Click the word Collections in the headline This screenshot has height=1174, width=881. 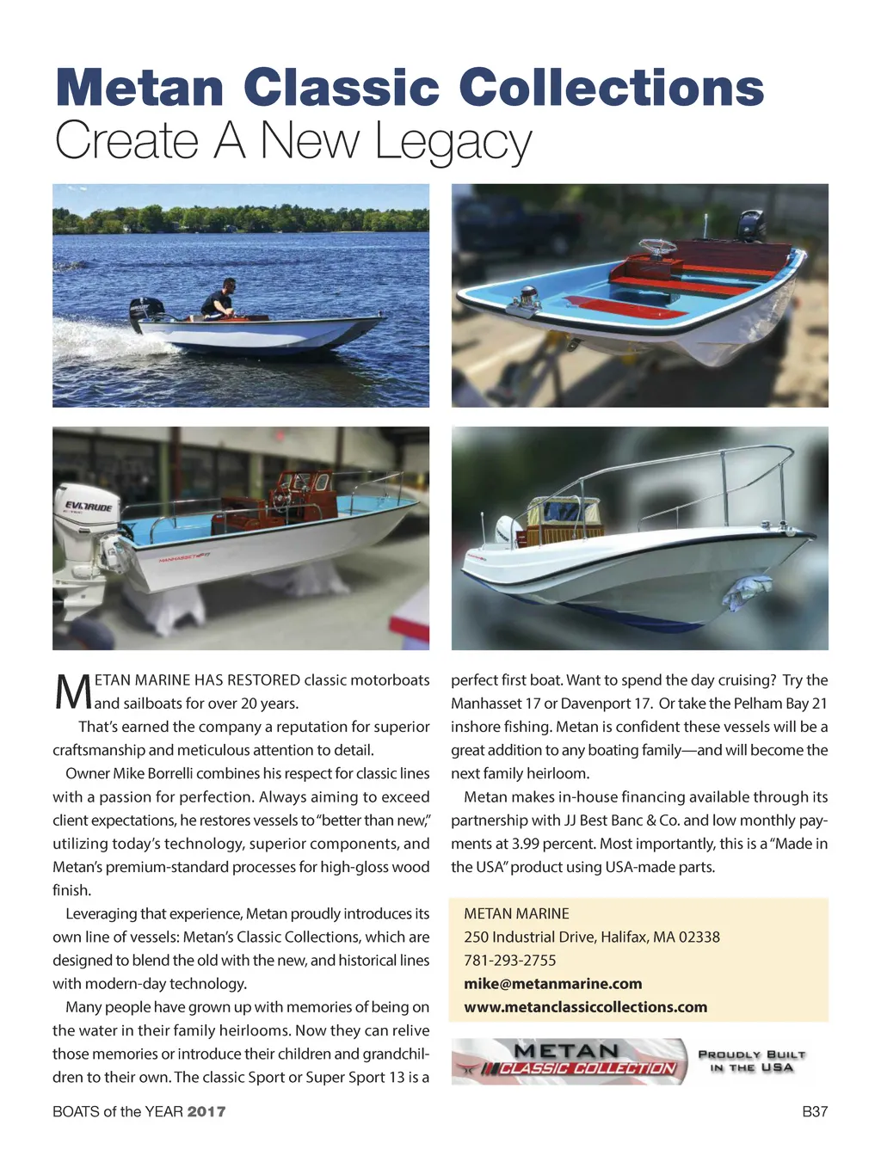point(611,89)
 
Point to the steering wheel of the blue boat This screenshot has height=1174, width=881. point(659,250)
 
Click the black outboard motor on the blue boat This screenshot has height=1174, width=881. point(749,226)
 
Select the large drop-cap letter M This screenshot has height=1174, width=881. point(72,691)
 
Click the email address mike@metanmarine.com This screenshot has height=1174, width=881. point(552,984)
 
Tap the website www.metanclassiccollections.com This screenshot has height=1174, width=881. point(585,1007)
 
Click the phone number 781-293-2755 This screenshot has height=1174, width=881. point(509,961)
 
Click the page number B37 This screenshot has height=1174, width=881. point(814,1111)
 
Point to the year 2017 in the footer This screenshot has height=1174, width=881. point(206,1111)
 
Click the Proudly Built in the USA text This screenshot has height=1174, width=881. point(752,1061)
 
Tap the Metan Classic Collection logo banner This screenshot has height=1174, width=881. point(569,1061)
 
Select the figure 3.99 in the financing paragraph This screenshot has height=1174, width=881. point(526,844)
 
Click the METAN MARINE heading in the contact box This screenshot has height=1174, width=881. point(516,913)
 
